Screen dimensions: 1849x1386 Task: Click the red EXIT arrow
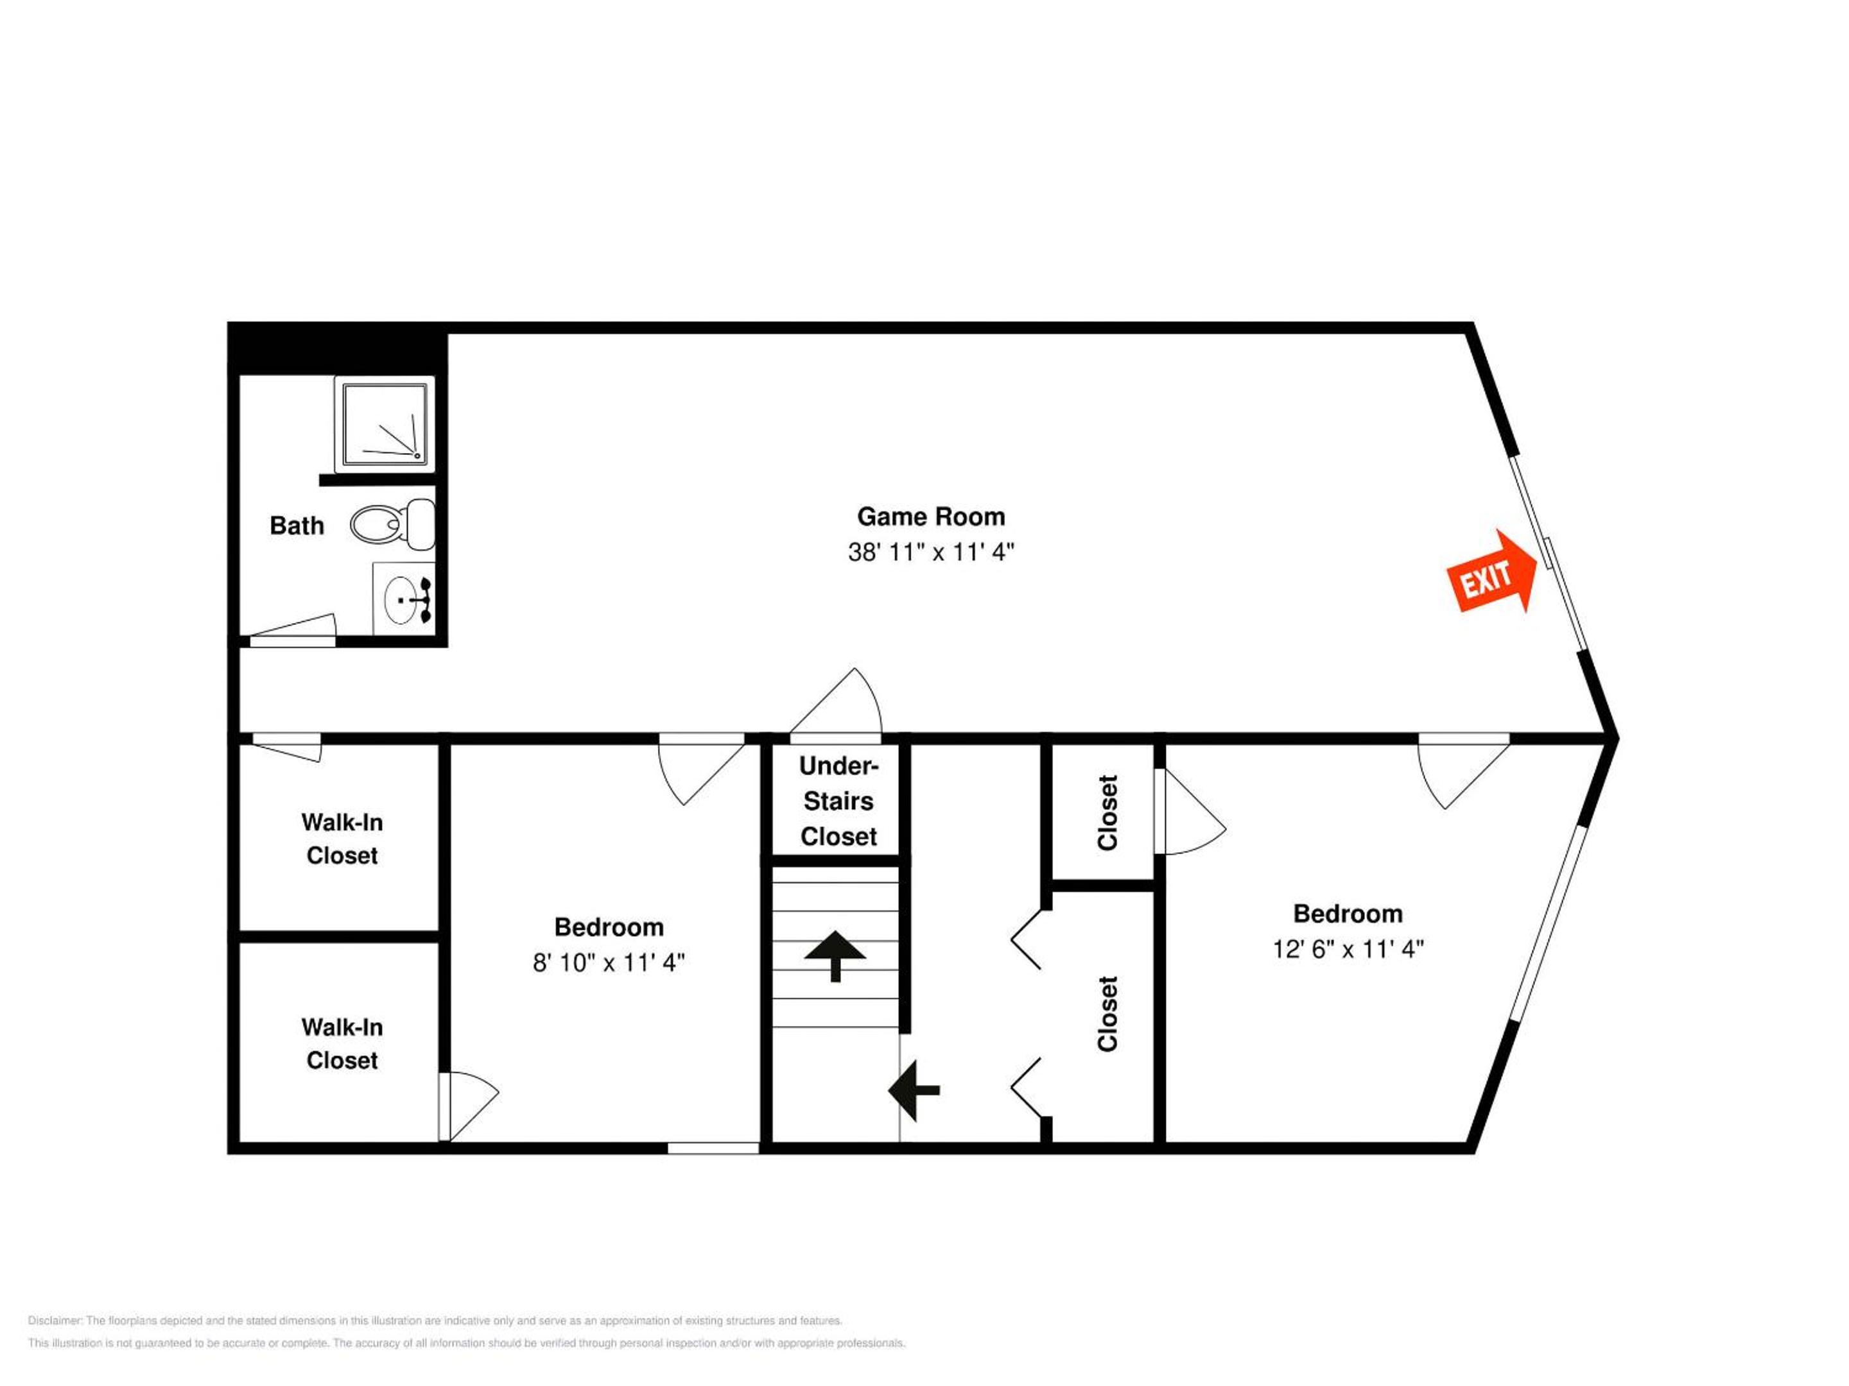(1491, 572)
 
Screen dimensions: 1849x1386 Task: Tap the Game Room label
(931, 517)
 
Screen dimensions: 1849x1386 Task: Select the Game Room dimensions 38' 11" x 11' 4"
(931, 552)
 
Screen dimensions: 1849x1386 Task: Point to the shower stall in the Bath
(385, 424)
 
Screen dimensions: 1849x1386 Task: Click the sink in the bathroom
(403, 599)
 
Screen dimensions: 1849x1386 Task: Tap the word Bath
(297, 526)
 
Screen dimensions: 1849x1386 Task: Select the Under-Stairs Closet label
(838, 801)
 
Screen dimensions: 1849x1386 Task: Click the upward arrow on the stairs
(835, 955)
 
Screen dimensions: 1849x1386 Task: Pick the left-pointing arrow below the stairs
(914, 1090)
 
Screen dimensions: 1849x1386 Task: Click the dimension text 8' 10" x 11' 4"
(609, 963)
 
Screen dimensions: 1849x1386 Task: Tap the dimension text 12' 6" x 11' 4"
(1348, 949)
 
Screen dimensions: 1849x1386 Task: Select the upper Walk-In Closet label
(342, 839)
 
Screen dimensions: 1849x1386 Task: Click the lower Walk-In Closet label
(342, 1043)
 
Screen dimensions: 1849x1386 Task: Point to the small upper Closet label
(1107, 813)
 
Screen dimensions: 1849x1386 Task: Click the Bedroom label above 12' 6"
(1348, 914)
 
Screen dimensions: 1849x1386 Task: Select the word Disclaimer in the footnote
(55, 1321)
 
